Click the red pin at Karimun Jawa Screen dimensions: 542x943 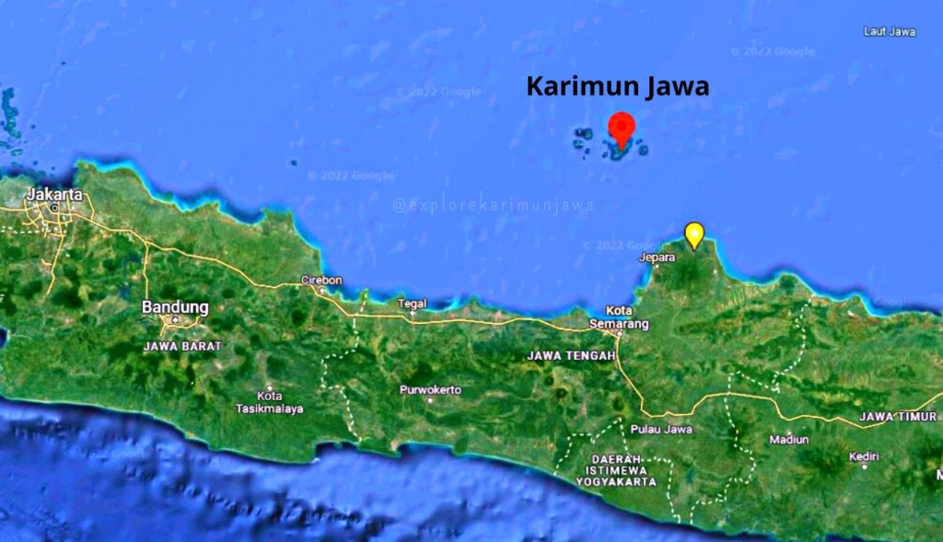[623, 128]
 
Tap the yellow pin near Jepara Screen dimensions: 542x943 [694, 234]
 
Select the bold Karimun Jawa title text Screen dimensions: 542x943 [618, 87]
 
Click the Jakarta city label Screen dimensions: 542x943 [54, 194]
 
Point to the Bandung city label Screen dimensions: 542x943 [175, 307]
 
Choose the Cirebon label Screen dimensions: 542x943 [321, 281]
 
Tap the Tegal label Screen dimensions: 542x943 [412, 304]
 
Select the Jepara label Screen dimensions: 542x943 [658, 259]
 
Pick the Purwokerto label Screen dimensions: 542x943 [430, 390]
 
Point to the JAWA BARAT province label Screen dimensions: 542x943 [183, 346]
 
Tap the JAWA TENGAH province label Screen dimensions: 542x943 [571, 355]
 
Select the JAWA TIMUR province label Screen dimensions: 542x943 [897, 417]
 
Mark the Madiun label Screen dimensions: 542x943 [788, 440]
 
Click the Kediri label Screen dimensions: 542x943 [864, 456]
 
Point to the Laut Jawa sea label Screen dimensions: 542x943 [890, 32]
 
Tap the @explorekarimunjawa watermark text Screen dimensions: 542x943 [493, 206]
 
